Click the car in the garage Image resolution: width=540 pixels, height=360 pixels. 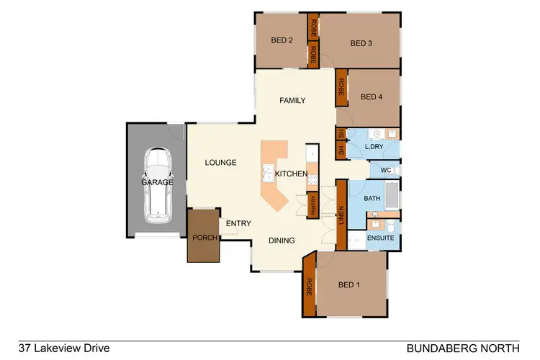(x=157, y=184)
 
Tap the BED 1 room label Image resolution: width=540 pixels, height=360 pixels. (x=348, y=285)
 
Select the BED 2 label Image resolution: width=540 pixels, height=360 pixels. (x=280, y=41)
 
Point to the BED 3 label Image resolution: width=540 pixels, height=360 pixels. (x=361, y=43)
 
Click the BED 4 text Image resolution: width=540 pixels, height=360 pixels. (x=371, y=97)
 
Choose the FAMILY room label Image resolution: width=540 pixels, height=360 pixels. (x=293, y=101)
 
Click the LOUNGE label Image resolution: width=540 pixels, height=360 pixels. (x=220, y=163)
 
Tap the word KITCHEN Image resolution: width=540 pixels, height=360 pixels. (x=292, y=174)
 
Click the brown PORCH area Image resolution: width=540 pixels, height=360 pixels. (x=203, y=236)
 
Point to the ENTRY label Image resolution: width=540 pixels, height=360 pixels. (x=238, y=224)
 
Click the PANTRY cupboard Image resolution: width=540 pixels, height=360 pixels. (x=313, y=205)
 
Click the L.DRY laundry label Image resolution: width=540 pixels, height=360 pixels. (x=374, y=147)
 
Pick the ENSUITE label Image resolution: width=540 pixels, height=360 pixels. (x=379, y=237)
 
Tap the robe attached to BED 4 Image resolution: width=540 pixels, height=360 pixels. (x=341, y=89)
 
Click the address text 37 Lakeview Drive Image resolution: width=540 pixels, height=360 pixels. (x=64, y=348)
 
